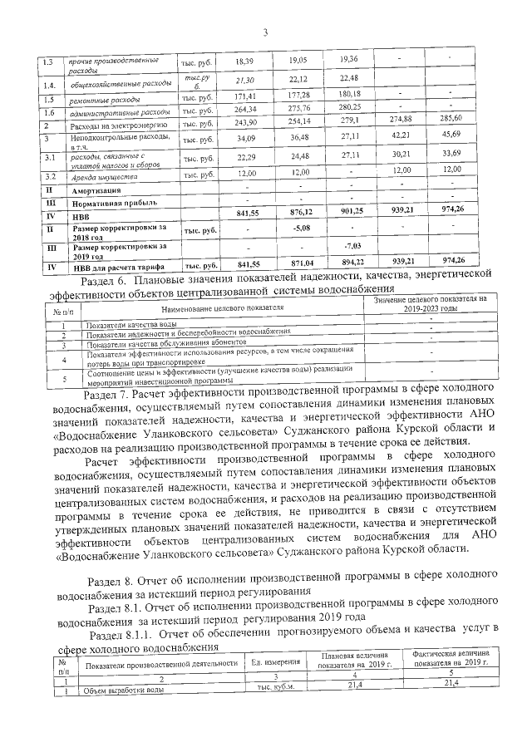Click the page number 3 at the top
(x=265, y=33)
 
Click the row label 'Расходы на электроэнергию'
(x=111, y=125)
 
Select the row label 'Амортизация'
(x=101, y=190)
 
